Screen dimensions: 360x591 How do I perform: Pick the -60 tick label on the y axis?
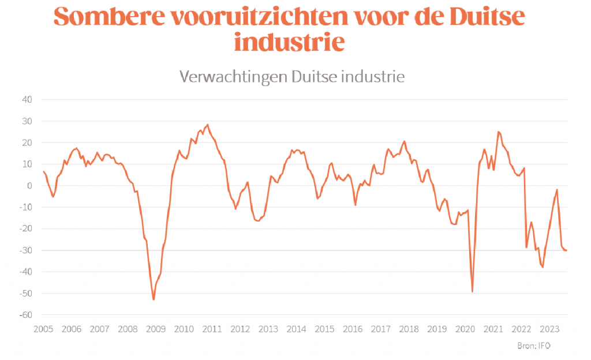[x=25, y=315]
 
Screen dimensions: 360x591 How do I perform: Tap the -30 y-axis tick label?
[x=25, y=250]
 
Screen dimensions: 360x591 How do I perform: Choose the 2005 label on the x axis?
[x=43, y=329]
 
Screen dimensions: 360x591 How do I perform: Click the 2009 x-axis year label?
[x=156, y=329]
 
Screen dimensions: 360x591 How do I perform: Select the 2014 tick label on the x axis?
[x=297, y=329]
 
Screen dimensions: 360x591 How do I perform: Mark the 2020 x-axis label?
[x=465, y=329]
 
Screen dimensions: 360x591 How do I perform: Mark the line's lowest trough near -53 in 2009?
[x=154, y=299]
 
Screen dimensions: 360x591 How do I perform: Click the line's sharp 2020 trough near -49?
[x=473, y=291]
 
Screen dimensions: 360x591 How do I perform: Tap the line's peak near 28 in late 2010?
[x=208, y=124]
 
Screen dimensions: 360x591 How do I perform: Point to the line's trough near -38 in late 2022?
[x=543, y=267]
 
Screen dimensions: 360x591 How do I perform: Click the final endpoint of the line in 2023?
[x=566, y=250]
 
